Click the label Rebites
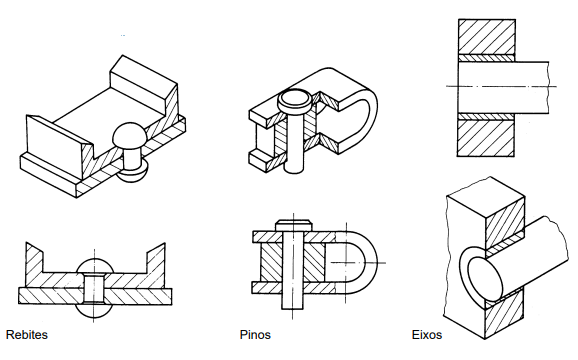[27, 335]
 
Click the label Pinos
[255, 335]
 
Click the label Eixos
[427, 335]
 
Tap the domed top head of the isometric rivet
[130, 136]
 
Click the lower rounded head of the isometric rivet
[133, 173]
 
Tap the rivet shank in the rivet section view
[94, 289]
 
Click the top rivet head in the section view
[94, 266]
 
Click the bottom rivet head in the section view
[94, 311]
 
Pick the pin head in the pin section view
[294, 225]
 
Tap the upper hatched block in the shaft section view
[487, 37]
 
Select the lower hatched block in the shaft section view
[485, 139]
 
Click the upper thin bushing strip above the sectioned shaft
[487, 58]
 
